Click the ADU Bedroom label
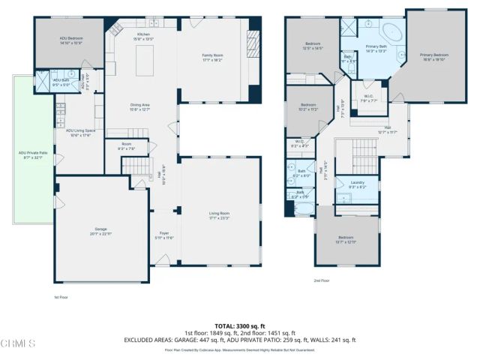[x=72, y=41]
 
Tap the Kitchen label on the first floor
[x=142, y=35]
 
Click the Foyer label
[x=163, y=235]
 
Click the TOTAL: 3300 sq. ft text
[x=239, y=326]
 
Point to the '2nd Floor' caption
[x=322, y=280]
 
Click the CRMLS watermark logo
[x=19, y=344]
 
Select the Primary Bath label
[x=376, y=48]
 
